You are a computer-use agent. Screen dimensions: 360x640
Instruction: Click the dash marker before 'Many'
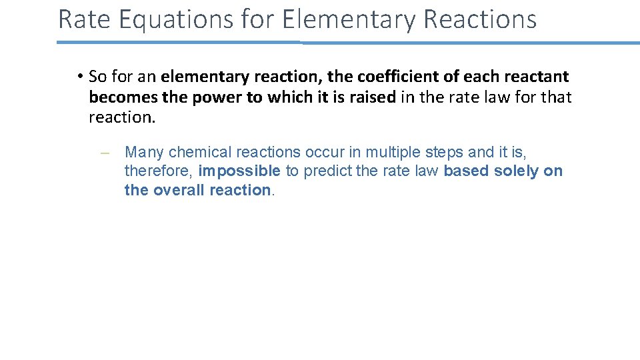[x=104, y=153]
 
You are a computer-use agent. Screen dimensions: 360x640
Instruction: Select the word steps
[x=445, y=153]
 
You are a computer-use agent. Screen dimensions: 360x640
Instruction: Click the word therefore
[x=158, y=171]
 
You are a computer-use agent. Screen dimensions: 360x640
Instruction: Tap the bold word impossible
[x=239, y=171]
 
